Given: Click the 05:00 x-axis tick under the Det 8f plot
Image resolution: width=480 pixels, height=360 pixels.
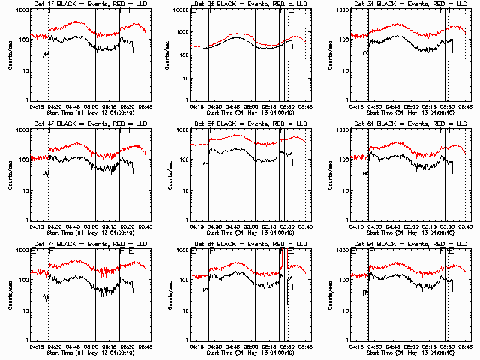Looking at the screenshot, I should (x=256, y=346).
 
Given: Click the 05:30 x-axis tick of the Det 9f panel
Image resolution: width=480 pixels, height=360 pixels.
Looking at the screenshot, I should (x=447, y=346).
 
